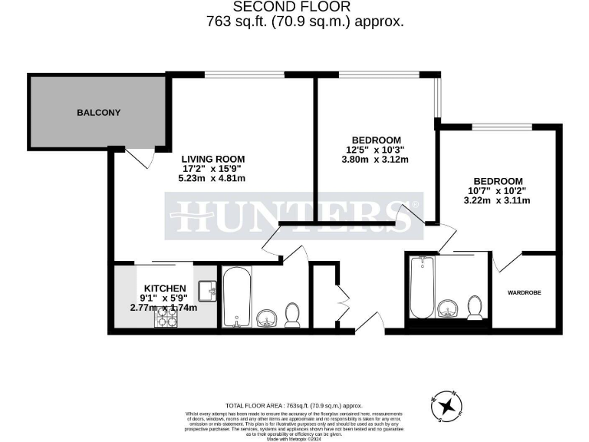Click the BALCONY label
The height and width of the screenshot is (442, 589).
[98, 113]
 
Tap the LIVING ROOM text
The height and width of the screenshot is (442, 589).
[213, 158]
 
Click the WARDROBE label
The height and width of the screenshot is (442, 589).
[528, 292]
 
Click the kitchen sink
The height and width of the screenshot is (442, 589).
[208, 291]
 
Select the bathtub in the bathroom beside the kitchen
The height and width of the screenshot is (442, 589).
[236, 298]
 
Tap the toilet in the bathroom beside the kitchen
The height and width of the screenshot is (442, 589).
[292, 314]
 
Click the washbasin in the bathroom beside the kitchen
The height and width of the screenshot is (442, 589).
[268, 317]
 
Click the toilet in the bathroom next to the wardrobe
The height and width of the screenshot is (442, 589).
[475, 307]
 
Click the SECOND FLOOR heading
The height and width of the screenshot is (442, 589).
[304, 8]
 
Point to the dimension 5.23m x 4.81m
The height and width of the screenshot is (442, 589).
[213, 179]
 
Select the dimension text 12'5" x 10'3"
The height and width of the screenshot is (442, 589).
[373, 150]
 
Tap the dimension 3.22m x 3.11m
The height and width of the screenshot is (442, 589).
[499, 200]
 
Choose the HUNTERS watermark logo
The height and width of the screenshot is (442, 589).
[294, 216]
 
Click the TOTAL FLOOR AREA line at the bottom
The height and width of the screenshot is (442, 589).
[294, 405]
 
